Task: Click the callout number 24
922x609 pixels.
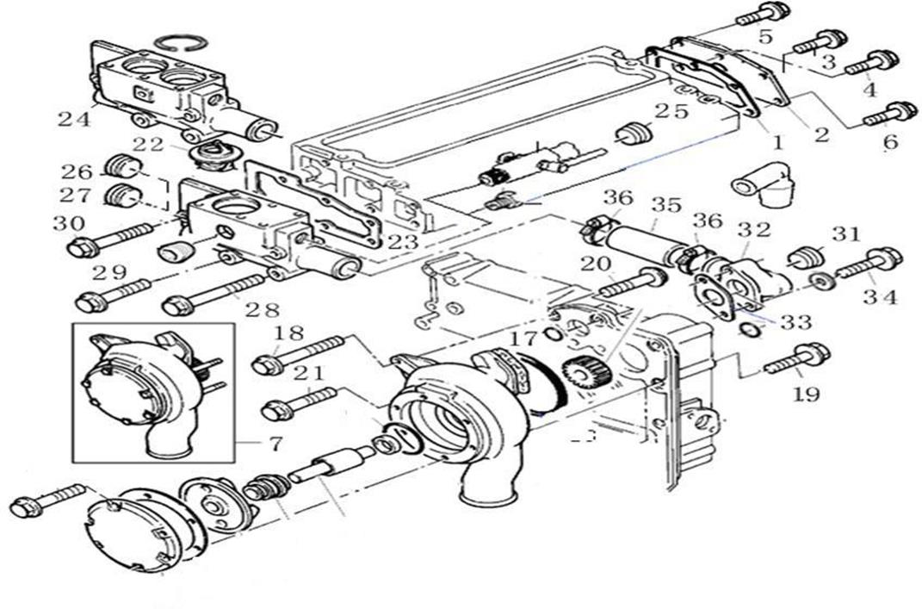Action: (x=74, y=119)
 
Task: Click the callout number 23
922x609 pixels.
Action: (x=402, y=243)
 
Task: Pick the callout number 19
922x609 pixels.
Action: (x=807, y=394)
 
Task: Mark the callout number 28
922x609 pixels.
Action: (x=268, y=308)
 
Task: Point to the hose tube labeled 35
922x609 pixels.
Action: (x=641, y=238)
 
